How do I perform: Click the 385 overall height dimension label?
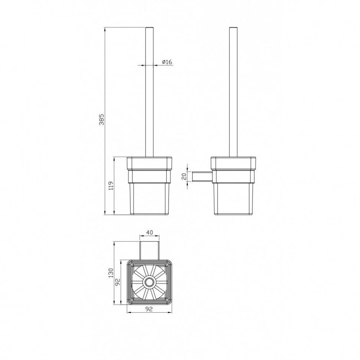pos(101,119)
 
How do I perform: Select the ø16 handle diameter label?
pos(167,62)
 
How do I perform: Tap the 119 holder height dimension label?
pos(111,186)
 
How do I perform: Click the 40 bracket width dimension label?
pos(150,232)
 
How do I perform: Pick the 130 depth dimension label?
pos(111,273)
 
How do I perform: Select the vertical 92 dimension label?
pos(117,282)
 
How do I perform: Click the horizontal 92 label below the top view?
pos(149,309)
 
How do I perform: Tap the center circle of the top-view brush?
pos(150,282)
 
